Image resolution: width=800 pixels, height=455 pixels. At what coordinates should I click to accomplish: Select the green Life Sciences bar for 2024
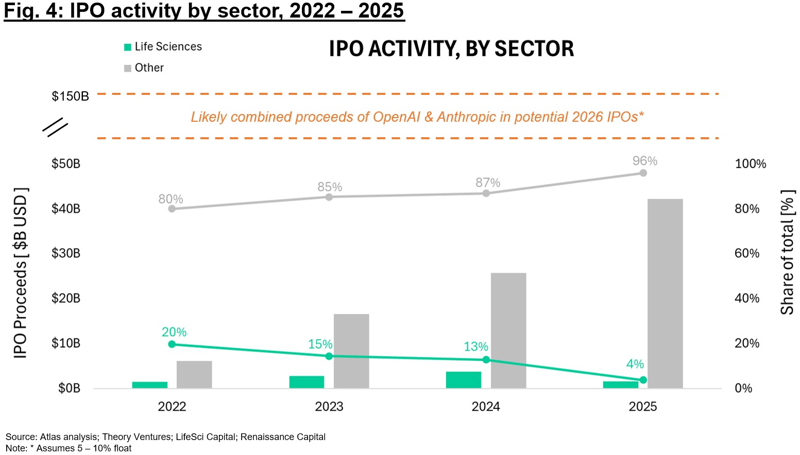tap(463, 380)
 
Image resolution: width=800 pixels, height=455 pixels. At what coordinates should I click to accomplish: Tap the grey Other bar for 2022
tap(194, 375)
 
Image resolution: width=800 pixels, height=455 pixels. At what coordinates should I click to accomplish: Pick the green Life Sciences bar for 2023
tap(307, 382)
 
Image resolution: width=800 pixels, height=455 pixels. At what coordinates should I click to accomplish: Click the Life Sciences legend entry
tap(163, 47)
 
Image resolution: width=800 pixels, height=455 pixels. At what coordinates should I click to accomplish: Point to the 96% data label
tap(644, 161)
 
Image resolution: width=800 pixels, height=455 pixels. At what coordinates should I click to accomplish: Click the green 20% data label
tap(174, 332)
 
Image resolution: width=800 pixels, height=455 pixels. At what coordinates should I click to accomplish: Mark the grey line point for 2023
tap(329, 197)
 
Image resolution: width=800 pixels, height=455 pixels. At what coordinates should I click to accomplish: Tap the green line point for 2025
tap(643, 380)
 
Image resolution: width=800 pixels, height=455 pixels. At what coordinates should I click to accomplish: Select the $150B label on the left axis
tap(70, 96)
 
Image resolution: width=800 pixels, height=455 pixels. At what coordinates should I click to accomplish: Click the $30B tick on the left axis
tap(66, 253)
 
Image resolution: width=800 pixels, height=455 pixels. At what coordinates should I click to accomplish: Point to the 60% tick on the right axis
tap(746, 253)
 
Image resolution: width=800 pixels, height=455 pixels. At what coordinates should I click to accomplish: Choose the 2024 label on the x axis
tap(486, 407)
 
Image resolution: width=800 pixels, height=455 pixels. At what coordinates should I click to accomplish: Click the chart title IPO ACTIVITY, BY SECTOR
tap(451, 49)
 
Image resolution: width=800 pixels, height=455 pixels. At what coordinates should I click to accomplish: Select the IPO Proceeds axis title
tap(21, 273)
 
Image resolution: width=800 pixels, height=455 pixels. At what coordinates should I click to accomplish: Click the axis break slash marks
tap(55, 127)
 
